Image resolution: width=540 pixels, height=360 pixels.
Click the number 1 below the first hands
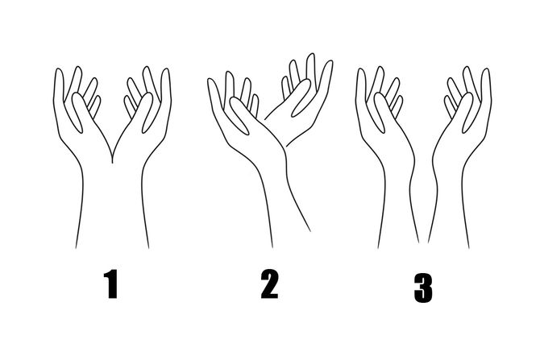click(x=111, y=284)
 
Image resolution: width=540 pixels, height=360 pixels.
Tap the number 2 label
click(x=269, y=284)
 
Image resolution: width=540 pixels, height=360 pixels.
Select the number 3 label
click(x=423, y=288)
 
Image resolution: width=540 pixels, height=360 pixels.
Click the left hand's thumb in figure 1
click(x=78, y=112)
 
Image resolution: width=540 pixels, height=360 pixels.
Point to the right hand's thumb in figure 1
click(x=147, y=112)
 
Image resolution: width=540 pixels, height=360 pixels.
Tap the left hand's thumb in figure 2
click(x=239, y=115)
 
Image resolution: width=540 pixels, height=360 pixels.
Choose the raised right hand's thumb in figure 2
click(x=301, y=98)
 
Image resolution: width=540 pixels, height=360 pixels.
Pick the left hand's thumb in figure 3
click(x=380, y=112)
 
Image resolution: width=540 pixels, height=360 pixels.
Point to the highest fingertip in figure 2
click(x=311, y=55)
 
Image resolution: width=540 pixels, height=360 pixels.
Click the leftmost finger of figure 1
click(x=59, y=86)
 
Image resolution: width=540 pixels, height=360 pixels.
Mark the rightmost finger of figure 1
click(x=166, y=86)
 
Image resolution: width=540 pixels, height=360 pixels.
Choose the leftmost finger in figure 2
click(x=214, y=93)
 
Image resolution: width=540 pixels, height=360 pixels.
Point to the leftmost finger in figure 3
click(x=360, y=86)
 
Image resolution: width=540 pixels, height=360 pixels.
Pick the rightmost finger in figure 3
click(x=486, y=86)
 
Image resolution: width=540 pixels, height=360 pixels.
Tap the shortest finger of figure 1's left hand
click(x=95, y=105)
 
